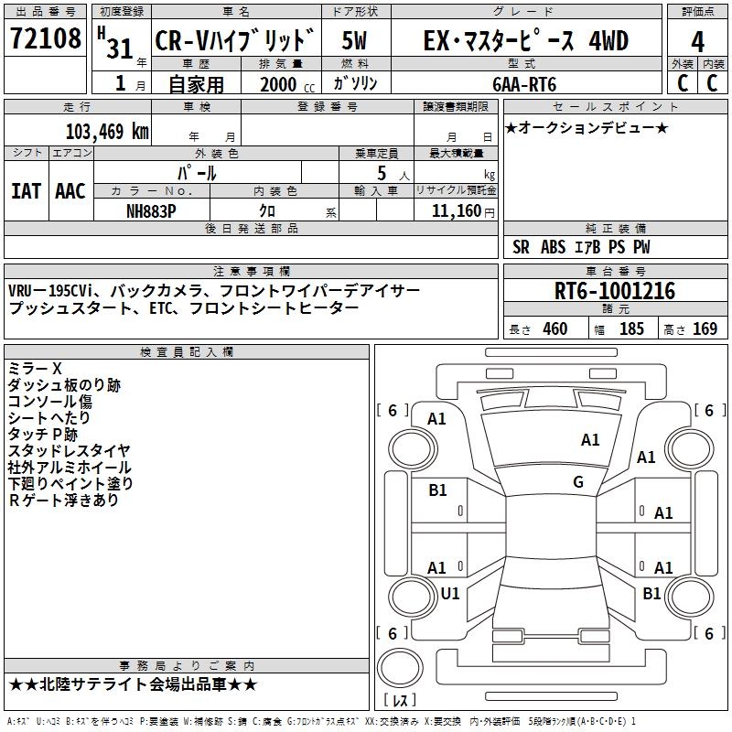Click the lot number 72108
point(45,39)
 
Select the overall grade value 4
point(697,42)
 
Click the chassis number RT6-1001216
point(615,292)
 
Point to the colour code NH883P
point(152,210)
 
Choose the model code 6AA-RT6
point(524,84)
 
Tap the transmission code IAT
point(26,191)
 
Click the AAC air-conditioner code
point(70,191)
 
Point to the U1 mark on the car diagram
point(450,594)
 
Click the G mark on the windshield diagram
point(578,482)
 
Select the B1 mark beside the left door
point(437,490)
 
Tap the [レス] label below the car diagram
point(399,701)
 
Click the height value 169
point(705,329)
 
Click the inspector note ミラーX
point(36,369)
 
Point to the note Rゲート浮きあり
point(63,501)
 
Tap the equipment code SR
point(522,247)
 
